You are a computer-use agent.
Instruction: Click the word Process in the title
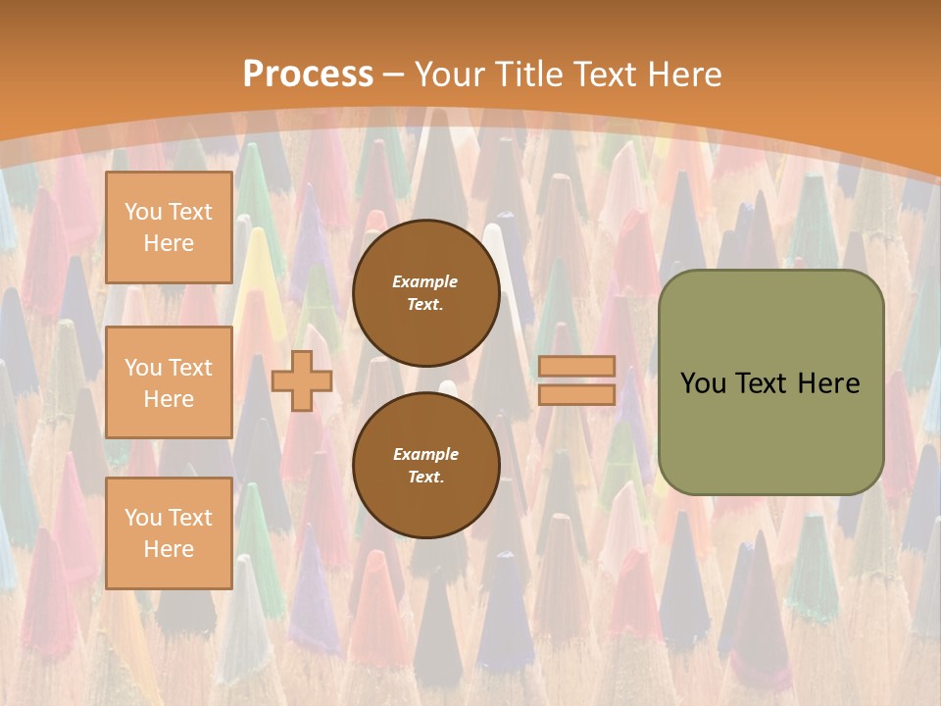point(308,75)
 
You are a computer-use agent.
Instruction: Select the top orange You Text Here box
point(169,227)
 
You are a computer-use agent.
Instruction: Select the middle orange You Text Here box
point(169,382)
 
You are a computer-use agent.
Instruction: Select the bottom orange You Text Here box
point(169,532)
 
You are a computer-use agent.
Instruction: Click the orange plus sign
point(302,380)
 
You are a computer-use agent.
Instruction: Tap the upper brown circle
point(426,292)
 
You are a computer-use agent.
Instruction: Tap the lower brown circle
point(426,465)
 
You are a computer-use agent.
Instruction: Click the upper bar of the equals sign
point(576,367)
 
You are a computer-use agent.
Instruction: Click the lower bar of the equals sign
point(576,394)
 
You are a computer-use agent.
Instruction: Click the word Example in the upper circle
point(425,281)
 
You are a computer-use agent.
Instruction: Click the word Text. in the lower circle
point(425,477)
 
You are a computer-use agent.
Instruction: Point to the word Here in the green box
point(828,383)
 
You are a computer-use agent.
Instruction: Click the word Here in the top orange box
point(169,243)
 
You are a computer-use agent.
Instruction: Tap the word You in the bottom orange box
point(142,518)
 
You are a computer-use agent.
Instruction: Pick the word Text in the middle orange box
point(189,368)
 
